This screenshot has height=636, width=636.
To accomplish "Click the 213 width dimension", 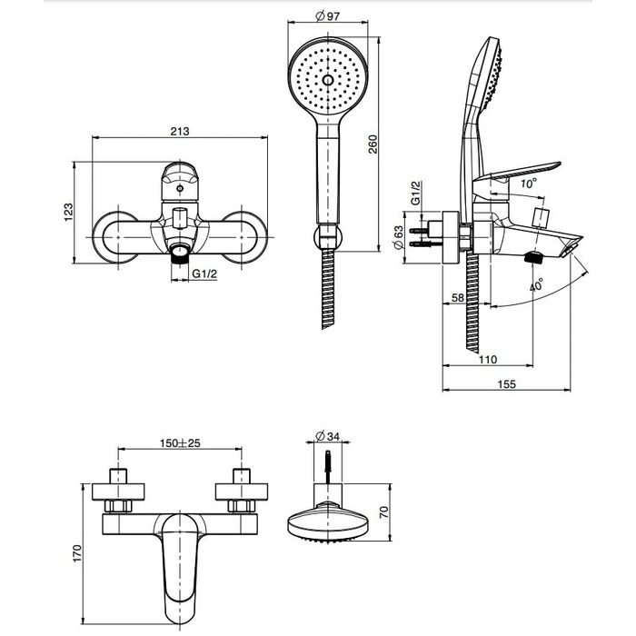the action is point(180,132).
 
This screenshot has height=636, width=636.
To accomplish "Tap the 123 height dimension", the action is point(68,212).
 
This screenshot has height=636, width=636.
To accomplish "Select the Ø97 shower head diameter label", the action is point(328,16).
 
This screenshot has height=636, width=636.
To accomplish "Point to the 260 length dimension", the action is point(373,144).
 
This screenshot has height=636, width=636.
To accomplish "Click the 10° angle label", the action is point(529,184).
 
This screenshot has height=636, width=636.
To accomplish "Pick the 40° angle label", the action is point(536,284).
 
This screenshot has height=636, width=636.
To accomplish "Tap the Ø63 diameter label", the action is point(398,237).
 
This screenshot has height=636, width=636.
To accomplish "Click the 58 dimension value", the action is point(458,297).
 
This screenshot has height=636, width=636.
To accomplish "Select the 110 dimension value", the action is point(488,360).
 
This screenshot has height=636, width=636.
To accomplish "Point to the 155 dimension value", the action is point(507,383).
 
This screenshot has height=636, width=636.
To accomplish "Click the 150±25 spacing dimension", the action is point(180,442).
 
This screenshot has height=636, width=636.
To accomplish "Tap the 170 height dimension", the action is point(77,553).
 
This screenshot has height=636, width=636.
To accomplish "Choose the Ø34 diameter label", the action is point(328,436).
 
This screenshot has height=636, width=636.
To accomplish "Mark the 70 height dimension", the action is point(383,512).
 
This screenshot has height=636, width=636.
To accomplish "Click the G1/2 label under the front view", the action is point(204,273).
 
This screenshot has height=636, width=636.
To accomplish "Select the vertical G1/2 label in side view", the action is point(415,193).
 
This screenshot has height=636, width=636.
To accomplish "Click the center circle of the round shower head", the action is point(328,80).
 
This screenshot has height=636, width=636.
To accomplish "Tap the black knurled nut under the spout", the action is point(533,257).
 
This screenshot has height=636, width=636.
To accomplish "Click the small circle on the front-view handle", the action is point(180,188).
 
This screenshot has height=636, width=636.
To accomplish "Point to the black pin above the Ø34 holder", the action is point(328,466).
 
